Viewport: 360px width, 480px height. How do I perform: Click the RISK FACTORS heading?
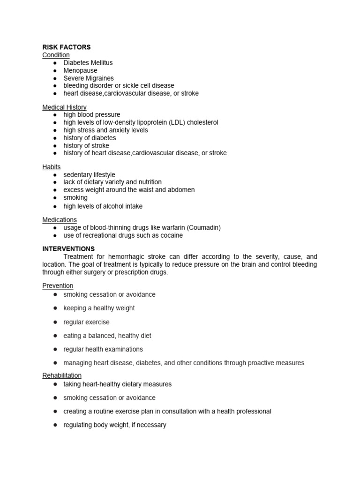coord(66,47)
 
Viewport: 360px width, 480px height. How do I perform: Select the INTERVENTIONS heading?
coord(68,249)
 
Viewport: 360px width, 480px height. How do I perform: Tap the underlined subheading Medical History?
coord(64,107)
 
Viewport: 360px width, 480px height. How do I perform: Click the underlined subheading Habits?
coord(52,167)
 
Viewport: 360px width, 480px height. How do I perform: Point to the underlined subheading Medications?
coord(60,220)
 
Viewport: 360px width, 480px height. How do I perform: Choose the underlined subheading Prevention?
coord(58,286)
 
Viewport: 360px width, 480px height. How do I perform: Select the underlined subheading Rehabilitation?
coord(62,375)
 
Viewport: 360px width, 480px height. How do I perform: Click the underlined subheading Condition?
coord(56,55)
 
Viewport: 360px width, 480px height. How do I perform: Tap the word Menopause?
coord(81,70)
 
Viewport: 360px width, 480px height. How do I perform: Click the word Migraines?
coord(99,78)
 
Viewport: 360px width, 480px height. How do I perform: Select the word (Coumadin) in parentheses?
coord(204,228)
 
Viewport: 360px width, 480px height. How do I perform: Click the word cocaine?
coord(171,235)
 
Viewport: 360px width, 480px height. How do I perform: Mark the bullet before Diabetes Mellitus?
coord(55,63)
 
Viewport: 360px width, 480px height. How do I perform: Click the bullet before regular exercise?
coord(55,322)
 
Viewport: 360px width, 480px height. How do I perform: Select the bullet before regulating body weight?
coord(55,425)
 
